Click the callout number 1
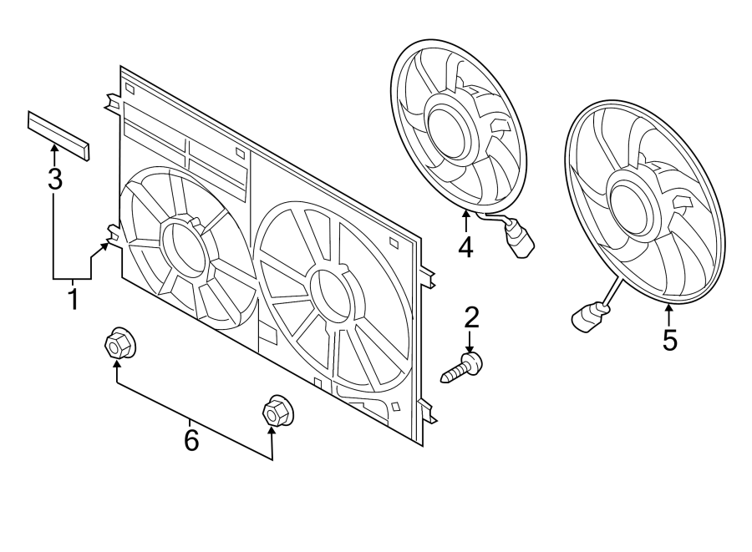73,298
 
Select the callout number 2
471,317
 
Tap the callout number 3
55,180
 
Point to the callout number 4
465,247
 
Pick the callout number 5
669,340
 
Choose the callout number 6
191,440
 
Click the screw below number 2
461,367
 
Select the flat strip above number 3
58,135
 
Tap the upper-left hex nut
119,343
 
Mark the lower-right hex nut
277,411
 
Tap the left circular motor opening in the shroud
183,245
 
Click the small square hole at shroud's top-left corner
130,89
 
